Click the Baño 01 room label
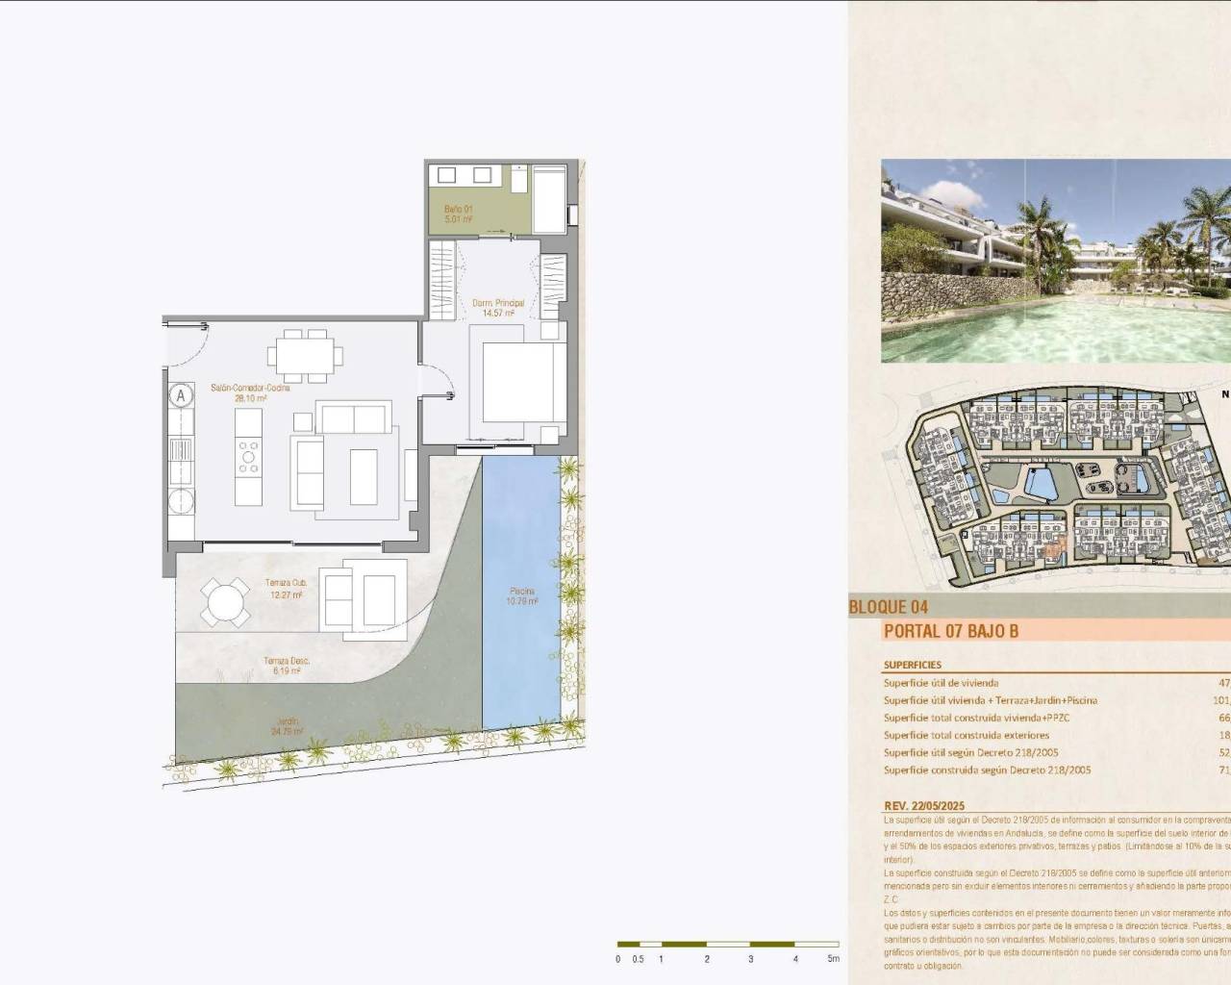pyautogui.click(x=458, y=214)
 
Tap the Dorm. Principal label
pyautogui.click(x=497, y=308)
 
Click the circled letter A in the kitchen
pyautogui.click(x=180, y=395)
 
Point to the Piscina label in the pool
pyautogui.click(x=522, y=596)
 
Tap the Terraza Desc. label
pyautogui.click(x=286, y=666)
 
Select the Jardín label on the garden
pyautogui.click(x=288, y=726)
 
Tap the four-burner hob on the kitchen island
pyautogui.click(x=248, y=457)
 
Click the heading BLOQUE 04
pyautogui.click(x=888, y=607)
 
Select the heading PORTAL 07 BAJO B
pyautogui.click(x=950, y=632)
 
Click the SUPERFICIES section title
pyautogui.click(x=912, y=665)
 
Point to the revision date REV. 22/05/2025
pyautogui.click(x=923, y=806)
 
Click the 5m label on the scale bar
pyautogui.click(x=833, y=958)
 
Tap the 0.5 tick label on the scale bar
pyautogui.click(x=639, y=958)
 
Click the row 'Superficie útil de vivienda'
pyautogui.click(x=941, y=683)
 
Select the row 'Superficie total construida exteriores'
pyautogui.click(x=966, y=735)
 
